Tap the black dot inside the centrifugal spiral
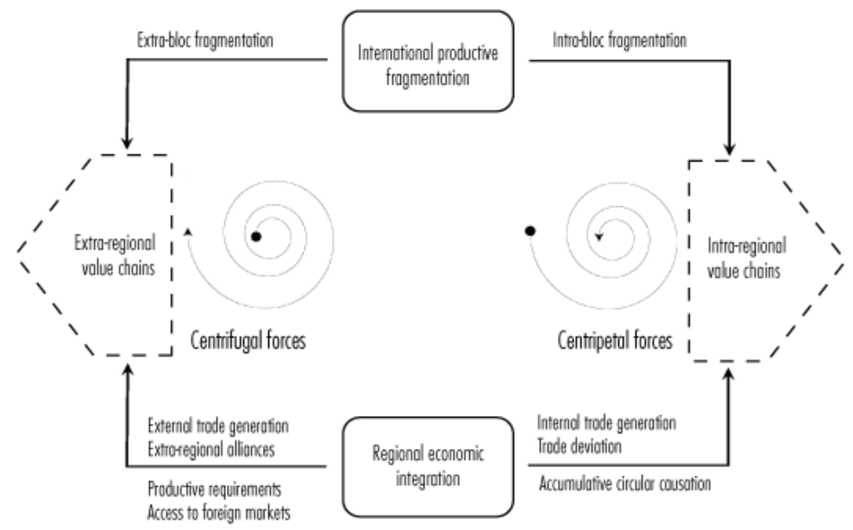tap(256, 236)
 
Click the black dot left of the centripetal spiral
tap(530, 230)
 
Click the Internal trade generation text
tap(605, 424)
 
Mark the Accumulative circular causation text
tap(624, 484)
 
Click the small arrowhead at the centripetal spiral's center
tap(597, 237)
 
